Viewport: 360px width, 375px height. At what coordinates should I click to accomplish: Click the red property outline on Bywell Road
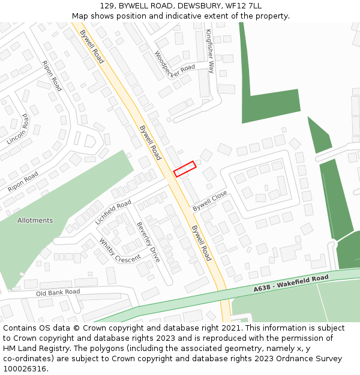click(185, 169)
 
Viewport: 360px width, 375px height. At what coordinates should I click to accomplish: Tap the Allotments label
click(35, 220)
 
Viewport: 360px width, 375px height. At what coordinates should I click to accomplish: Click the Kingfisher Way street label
click(210, 50)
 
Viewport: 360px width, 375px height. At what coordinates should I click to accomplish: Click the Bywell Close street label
click(210, 200)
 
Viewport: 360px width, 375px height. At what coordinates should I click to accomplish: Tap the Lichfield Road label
click(113, 212)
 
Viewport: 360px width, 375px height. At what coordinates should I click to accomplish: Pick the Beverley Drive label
click(149, 241)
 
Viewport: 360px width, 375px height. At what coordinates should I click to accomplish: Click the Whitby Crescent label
click(119, 251)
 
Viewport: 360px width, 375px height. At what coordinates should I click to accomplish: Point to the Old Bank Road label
click(58, 292)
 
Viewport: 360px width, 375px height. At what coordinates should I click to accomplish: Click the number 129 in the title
click(106, 6)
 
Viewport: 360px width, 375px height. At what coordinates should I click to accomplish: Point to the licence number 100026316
click(23, 368)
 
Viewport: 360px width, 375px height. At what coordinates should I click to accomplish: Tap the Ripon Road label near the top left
click(52, 76)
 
